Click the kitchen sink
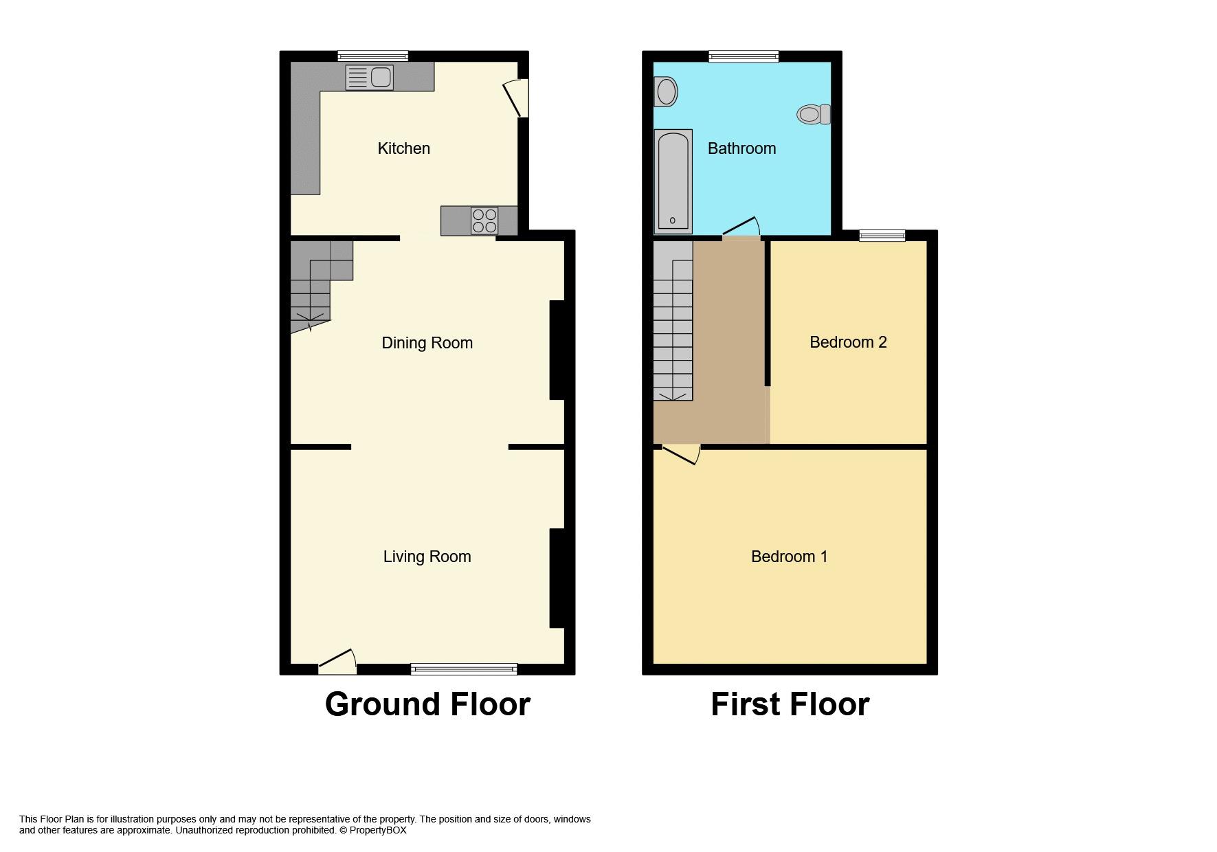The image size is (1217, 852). pos(369,77)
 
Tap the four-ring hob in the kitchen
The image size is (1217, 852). pos(484,221)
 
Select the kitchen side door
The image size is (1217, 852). pos(517,98)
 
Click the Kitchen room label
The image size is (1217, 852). pos(403,148)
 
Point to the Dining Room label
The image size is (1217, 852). pos(427,343)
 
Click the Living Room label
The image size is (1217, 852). pos(427,557)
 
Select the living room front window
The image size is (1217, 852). pos(464,669)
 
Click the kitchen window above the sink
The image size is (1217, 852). pos(373,56)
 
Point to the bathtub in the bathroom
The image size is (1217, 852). pos(673,181)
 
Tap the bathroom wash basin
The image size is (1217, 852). pos(665,91)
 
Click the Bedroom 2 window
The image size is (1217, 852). pos(882,236)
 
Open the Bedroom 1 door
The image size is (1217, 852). pos(681,453)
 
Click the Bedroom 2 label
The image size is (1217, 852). pos(848,342)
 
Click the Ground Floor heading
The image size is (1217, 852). pos(427,704)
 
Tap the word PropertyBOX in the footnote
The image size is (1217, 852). pos(378,830)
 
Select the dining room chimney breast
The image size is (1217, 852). pos(557,350)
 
